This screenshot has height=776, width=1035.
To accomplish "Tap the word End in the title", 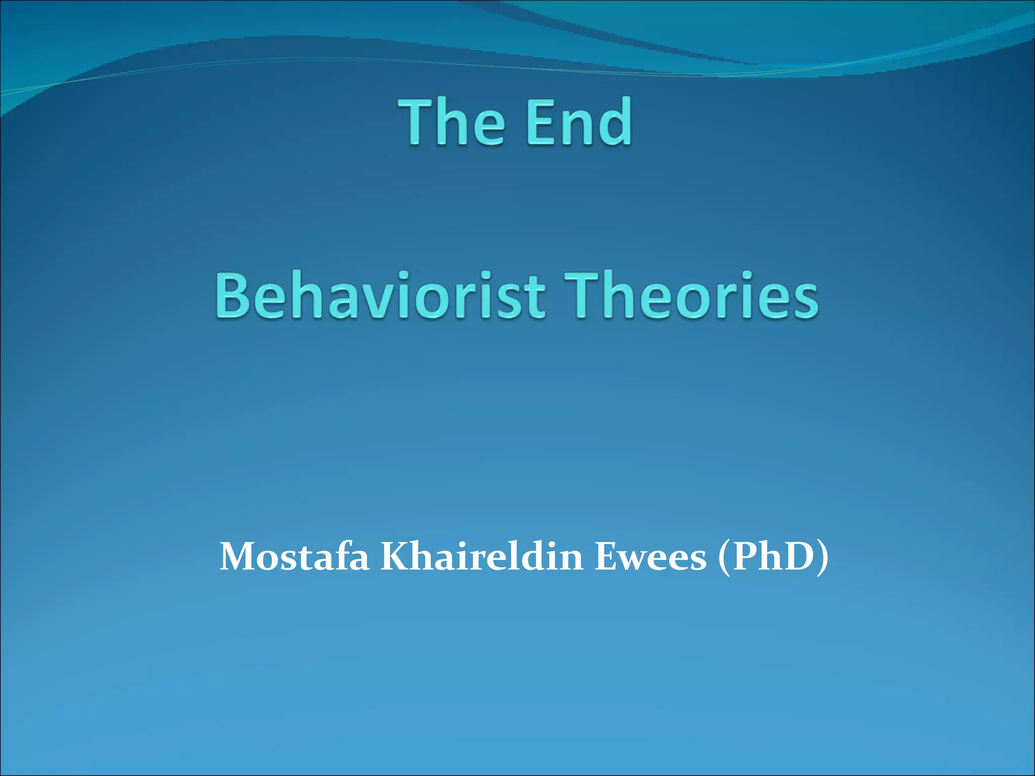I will [x=578, y=121].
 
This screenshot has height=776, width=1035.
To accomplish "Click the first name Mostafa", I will [x=294, y=557].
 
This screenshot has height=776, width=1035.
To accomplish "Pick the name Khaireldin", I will [x=481, y=557].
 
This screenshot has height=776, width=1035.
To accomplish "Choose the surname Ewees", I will [x=650, y=557].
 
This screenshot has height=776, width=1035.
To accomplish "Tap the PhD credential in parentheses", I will [x=772, y=557].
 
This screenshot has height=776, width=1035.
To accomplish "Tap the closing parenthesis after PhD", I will [x=823, y=558].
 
